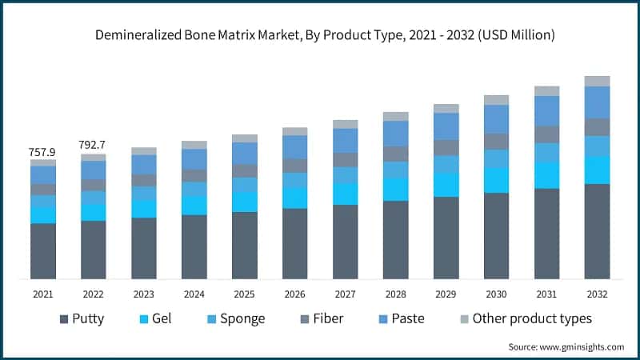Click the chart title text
[320, 35]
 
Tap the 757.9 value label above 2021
[43, 151]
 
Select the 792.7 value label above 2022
[93, 145]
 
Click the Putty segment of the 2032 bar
[597, 231]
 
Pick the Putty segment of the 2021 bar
[43, 250]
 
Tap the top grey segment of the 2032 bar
[597, 81]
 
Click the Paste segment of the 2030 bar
[496, 119]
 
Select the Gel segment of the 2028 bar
[395, 189]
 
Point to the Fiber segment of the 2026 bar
[294, 166]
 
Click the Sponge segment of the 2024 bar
[194, 189]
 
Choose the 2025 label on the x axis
[244, 294]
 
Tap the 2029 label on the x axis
[446, 294]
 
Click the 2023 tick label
[144, 294]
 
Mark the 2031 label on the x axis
[546, 294]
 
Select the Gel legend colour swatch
[144, 319]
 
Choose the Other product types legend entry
[525, 319]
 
